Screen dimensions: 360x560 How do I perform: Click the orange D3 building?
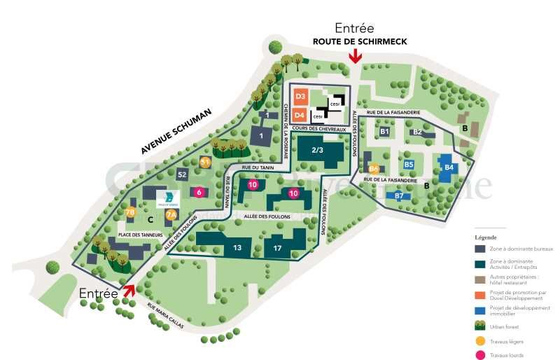[300, 96]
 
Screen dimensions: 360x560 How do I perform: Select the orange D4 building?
[300, 114]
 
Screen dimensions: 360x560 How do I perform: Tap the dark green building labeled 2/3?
[317, 151]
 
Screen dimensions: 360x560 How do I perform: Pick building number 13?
[237, 247]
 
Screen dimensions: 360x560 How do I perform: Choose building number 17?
[278, 248]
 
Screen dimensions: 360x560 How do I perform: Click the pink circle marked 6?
[199, 192]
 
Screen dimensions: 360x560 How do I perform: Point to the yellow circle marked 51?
[206, 162]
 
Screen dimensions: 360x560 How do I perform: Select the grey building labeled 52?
[183, 174]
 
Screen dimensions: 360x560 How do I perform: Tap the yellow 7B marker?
[129, 213]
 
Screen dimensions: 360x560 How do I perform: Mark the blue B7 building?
[399, 196]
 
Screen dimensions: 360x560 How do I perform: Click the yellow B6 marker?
[374, 169]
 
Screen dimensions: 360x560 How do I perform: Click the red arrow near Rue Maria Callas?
[129, 290]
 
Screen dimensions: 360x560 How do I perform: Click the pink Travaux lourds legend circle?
[480, 356]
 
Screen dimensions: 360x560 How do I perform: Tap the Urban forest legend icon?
[480, 325]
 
